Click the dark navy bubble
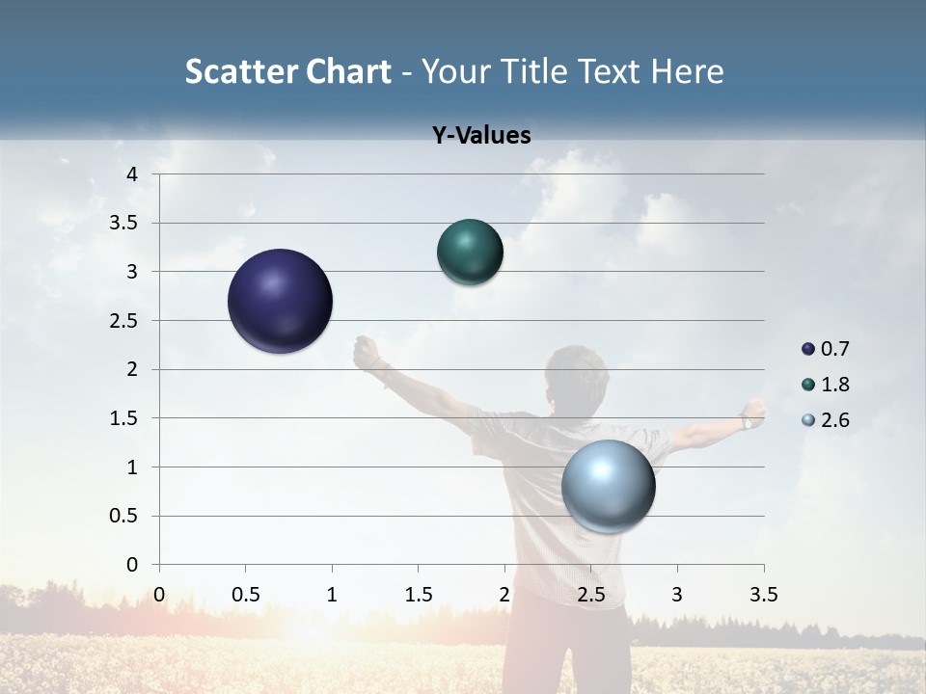280,301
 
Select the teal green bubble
470,252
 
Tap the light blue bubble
608,486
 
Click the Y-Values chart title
481,136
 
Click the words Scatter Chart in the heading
287,71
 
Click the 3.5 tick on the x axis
763,595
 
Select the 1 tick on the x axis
332,595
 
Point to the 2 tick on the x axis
504,595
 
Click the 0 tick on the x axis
159,595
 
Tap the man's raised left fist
366,353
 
